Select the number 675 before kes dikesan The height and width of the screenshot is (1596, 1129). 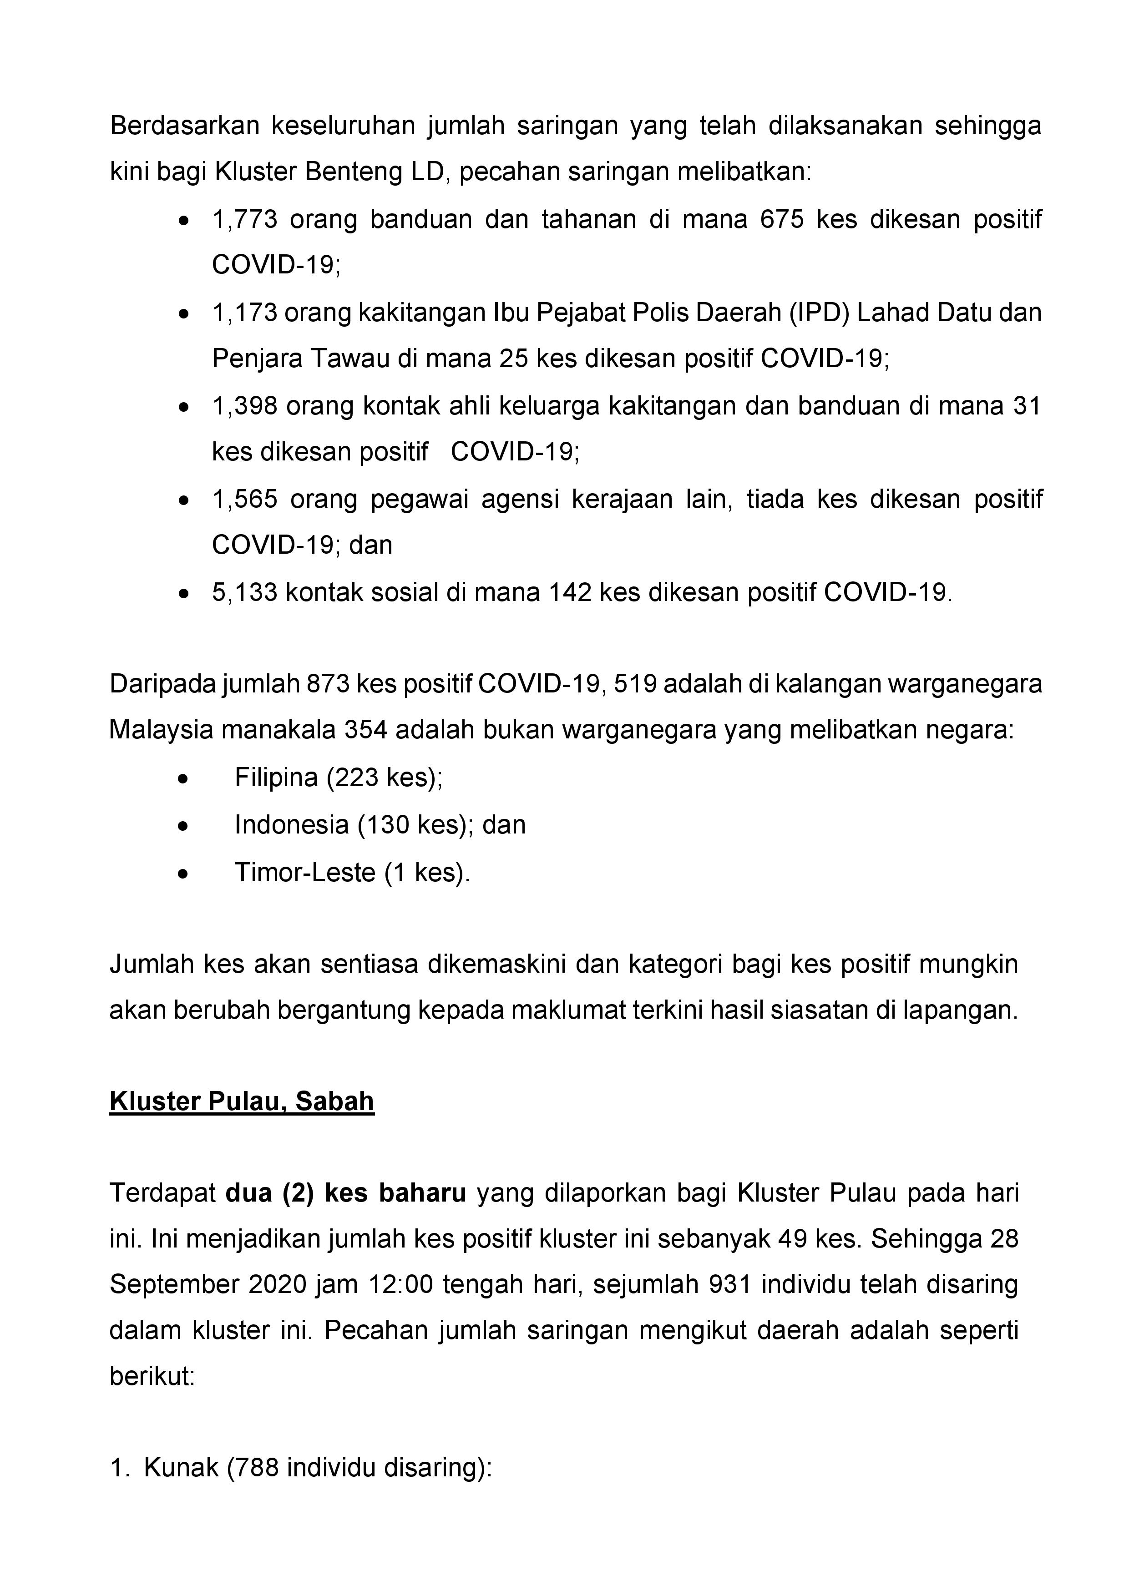782,220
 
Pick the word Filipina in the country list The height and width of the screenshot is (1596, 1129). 276,777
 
